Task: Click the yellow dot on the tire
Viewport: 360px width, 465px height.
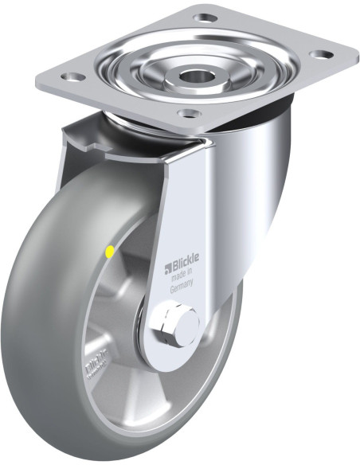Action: pyautogui.click(x=110, y=252)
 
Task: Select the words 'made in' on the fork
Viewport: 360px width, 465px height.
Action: pyautogui.click(x=182, y=279)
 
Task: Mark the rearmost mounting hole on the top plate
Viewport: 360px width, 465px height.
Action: pyautogui.click(x=205, y=16)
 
